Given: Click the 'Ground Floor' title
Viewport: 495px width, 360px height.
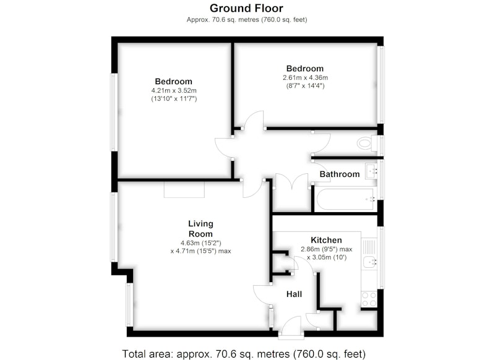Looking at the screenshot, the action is (x=246, y=8).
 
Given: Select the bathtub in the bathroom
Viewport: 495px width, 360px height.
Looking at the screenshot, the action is (x=346, y=199).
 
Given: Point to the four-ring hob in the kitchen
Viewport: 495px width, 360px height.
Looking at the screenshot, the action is (x=369, y=299).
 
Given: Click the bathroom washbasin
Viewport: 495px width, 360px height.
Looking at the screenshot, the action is (x=371, y=171).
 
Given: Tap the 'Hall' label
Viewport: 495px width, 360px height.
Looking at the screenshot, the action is (x=295, y=294).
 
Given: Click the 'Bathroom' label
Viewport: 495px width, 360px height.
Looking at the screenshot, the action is (x=340, y=174).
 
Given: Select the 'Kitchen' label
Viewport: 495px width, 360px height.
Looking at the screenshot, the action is (x=327, y=240).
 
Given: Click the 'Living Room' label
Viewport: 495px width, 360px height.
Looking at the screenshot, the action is (x=200, y=229).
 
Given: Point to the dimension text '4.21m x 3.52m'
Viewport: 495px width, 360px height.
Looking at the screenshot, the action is (x=174, y=90).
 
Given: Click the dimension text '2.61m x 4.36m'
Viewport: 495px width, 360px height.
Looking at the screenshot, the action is (x=305, y=77).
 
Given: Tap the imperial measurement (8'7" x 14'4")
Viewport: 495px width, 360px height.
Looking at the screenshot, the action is (x=305, y=86).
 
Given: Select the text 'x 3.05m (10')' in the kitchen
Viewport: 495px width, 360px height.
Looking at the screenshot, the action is (x=327, y=257).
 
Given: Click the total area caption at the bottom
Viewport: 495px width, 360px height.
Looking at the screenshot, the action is (x=244, y=354).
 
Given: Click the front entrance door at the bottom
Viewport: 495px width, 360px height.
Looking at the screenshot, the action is (x=291, y=328).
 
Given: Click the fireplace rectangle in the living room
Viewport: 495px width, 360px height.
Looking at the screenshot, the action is (x=184, y=190).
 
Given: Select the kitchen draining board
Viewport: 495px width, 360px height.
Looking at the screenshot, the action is (x=369, y=247).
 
